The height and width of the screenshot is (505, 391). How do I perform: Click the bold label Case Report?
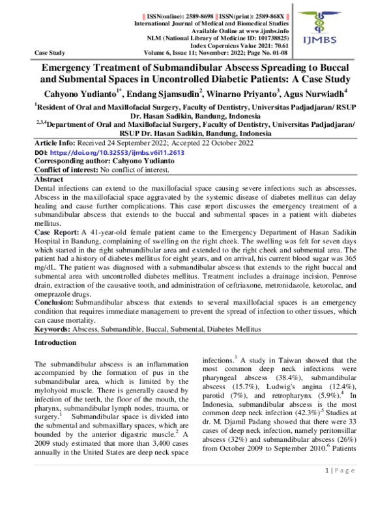(x=57, y=230)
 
